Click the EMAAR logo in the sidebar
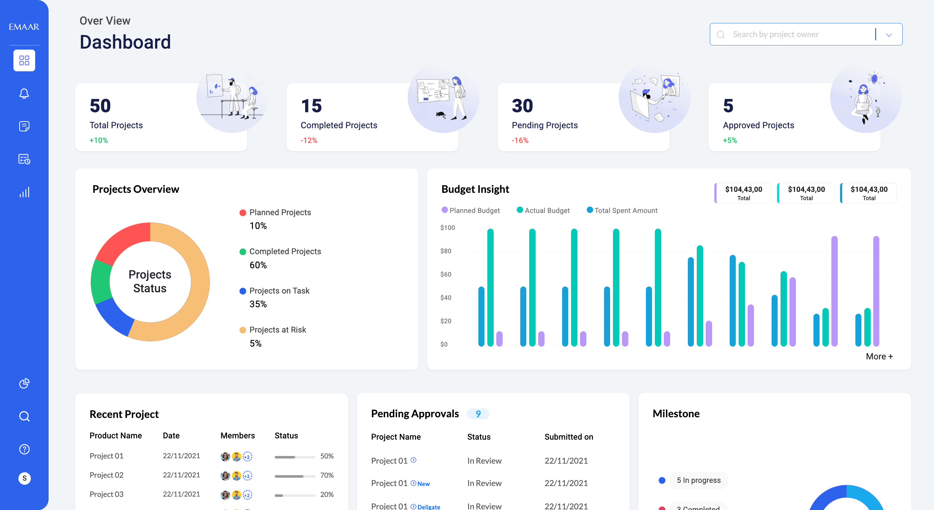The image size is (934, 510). [24, 27]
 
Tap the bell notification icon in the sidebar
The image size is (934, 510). [24, 93]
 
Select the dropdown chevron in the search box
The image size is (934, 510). [889, 35]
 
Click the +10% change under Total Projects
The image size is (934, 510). [98, 140]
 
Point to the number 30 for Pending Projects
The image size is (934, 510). [522, 106]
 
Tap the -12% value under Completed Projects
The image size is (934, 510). [309, 140]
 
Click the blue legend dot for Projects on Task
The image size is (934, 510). [243, 291]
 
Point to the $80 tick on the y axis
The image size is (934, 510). [446, 251]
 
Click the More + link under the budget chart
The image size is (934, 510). [879, 356]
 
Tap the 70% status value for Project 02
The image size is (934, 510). [327, 475]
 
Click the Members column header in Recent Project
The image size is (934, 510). [238, 436]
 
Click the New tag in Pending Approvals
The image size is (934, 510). [423, 484]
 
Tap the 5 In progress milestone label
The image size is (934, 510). [699, 480]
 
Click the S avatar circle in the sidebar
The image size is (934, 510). [24, 478]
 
